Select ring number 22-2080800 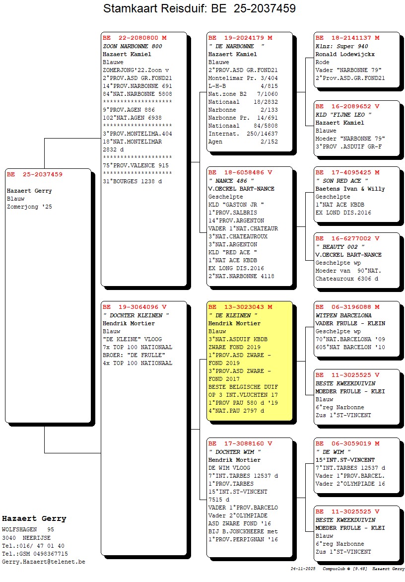click(138, 38)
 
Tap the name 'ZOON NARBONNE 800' click(133, 46)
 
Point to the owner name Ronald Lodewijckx click(345, 54)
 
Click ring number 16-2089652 click(351, 107)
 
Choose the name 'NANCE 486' click(231, 181)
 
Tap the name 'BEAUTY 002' click(340, 247)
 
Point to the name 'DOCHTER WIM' click(235, 452)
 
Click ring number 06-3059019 click(351, 443)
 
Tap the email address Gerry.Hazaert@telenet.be click(43, 562)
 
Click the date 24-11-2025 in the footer click(303, 569)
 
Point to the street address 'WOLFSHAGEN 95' click(28, 530)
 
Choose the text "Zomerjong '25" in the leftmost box click(30, 207)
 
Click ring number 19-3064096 click(138, 307)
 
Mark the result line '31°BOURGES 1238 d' click(133, 182)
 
